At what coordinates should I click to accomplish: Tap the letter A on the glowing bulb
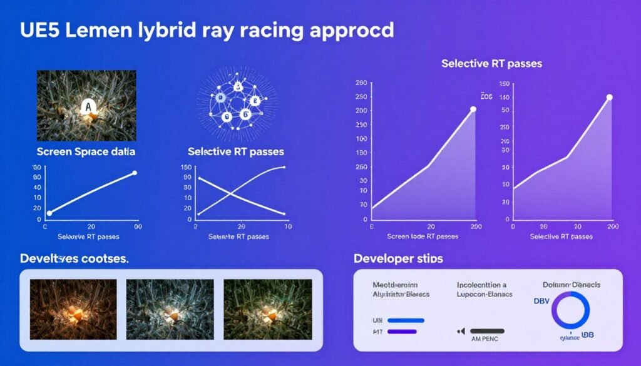[88, 108]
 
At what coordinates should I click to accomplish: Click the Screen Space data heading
[86, 152]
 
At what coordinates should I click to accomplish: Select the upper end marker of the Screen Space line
[135, 173]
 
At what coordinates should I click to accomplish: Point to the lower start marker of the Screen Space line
[49, 213]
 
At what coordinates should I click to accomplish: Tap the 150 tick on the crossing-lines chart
[185, 167]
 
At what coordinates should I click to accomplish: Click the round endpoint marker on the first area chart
[473, 109]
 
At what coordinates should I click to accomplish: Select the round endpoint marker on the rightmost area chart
[610, 97]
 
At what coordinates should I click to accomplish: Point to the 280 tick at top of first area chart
[361, 83]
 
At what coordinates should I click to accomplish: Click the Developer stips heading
[398, 258]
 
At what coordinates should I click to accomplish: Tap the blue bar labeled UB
[406, 320]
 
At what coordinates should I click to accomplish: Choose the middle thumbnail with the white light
[170, 309]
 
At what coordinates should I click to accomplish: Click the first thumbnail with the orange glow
[73, 309]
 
